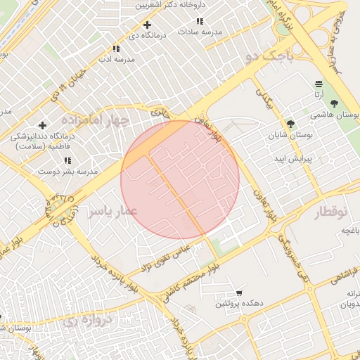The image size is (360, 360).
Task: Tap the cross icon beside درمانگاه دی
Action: [146, 25]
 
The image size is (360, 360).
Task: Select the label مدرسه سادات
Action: [200, 32]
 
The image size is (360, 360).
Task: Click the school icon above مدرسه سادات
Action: [200, 22]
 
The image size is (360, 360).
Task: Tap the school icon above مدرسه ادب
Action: [116, 49]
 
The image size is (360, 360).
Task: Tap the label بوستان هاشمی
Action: [335, 114]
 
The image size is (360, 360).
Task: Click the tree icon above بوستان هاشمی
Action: [333, 103]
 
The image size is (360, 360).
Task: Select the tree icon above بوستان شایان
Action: [290, 124]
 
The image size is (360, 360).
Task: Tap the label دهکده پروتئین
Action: [240, 303]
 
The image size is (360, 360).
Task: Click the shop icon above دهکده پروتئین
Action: [240, 293]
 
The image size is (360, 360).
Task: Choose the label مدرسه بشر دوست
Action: [67, 171]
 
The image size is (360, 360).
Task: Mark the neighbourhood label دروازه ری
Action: [88, 321]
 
